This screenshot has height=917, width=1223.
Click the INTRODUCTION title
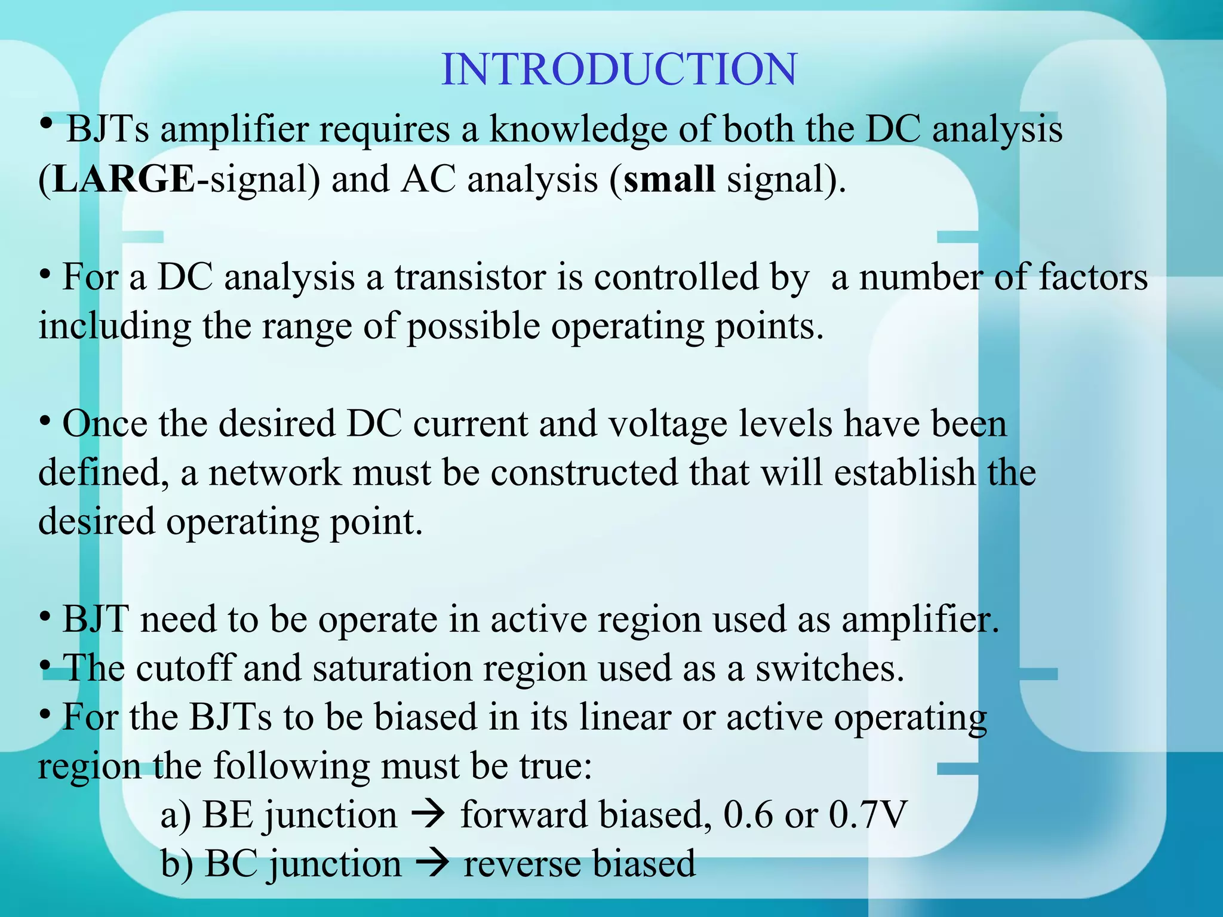pos(619,69)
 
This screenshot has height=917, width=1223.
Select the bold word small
pos(669,179)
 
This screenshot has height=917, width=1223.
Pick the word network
pos(275,473)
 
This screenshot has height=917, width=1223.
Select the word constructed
pos(584,473)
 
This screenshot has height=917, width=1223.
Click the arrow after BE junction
pos(429,815)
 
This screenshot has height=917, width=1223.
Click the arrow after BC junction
pos(432,864)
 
